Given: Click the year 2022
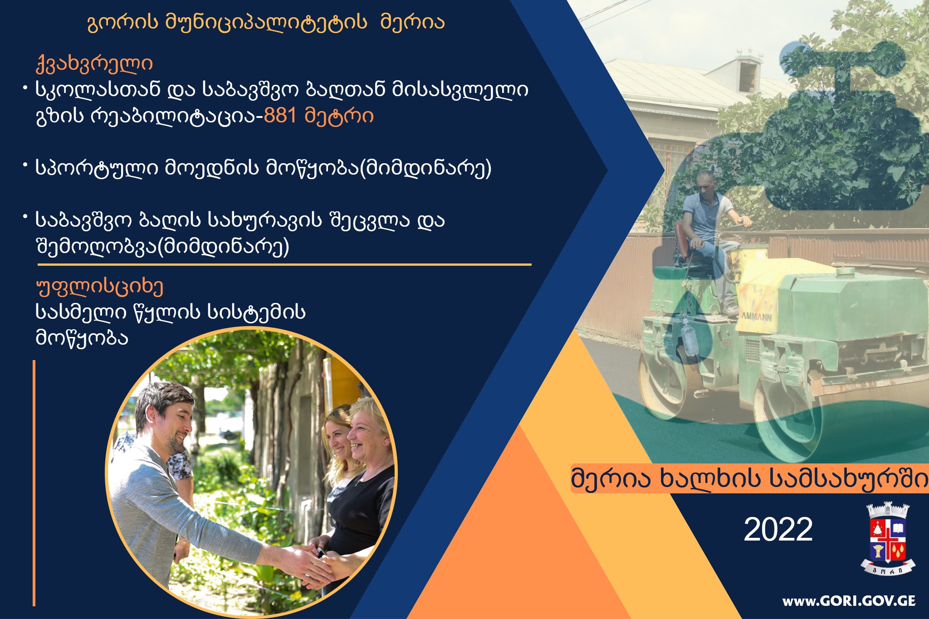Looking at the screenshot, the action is point(778,529).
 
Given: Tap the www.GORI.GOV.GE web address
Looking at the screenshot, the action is point(849,601).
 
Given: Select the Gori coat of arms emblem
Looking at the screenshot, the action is point(888,539).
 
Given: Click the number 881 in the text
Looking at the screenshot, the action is point(280,116).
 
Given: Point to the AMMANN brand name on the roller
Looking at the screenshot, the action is point(756,316).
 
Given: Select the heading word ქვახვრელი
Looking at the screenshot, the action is point(94,64).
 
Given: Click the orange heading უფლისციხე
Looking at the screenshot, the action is point(99,287).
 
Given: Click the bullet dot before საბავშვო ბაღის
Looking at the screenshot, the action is point(25,218).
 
